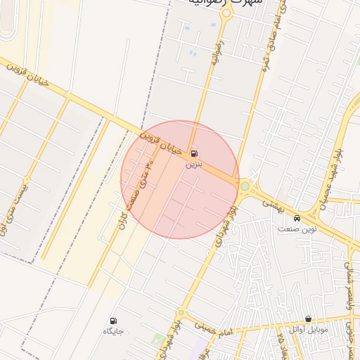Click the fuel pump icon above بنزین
(193, 153)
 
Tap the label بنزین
(193, 165)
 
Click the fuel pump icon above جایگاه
(114, 321)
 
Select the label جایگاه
(114, 331)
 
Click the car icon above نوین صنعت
(297, 218)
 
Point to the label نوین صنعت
(297, 229)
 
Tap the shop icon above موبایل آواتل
(308, 319)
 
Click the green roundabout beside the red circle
(245, 186)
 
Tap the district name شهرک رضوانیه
(225, 4)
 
